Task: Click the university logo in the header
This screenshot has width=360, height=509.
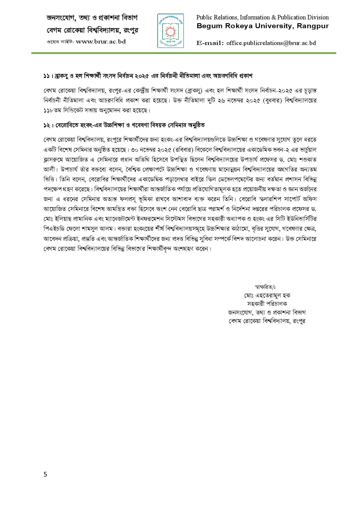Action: (171, 30)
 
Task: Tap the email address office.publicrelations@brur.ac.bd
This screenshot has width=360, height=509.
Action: (271, 43)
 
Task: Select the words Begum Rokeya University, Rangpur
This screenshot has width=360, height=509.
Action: (262, 26)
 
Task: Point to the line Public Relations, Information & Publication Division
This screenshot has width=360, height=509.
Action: (262, 17)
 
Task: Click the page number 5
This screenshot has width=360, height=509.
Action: (45, 474)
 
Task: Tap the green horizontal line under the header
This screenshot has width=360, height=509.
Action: (183, 53)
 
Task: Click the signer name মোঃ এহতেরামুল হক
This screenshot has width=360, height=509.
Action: (267, 296)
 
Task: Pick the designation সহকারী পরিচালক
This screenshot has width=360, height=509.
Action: (267, 304)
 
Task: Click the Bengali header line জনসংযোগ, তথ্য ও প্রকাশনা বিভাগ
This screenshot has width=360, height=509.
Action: (92, 18)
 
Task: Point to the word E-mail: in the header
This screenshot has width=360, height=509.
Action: (210, 43)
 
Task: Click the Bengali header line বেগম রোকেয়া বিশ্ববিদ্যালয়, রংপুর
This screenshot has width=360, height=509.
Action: (92, 30)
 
